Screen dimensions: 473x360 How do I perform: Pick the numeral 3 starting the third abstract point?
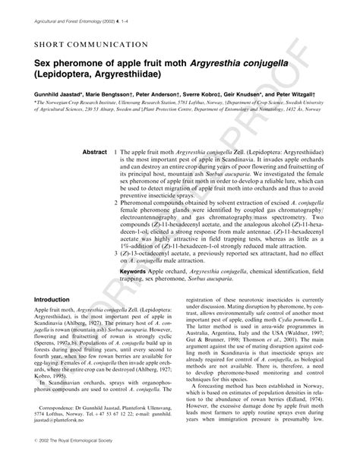click(114, 258)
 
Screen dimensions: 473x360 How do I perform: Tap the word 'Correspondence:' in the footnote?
click(64, 415)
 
